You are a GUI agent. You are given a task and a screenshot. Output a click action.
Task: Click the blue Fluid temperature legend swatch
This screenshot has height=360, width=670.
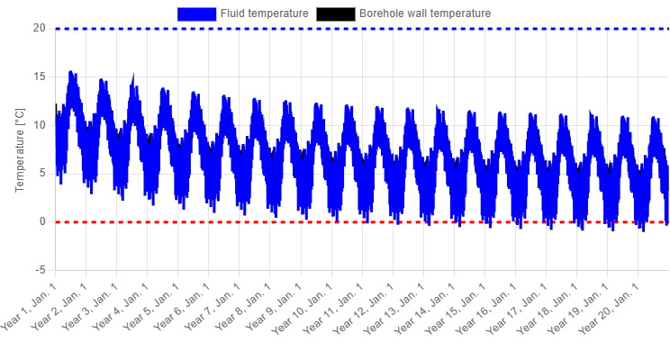197,13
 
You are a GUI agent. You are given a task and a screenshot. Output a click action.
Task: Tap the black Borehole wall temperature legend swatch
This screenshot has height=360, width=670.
335,13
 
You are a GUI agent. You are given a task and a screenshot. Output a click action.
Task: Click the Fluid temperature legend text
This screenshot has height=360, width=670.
265,13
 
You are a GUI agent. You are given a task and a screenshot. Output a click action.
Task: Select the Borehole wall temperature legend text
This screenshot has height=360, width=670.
425,13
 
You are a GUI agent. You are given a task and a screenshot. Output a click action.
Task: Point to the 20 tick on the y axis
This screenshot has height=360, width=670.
40,28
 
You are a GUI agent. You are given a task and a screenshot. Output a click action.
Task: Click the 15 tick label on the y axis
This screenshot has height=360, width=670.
40,76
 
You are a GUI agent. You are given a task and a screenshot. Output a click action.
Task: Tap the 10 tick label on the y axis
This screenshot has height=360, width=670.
40,125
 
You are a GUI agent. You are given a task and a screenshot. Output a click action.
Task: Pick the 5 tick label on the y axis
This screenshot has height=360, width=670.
42,174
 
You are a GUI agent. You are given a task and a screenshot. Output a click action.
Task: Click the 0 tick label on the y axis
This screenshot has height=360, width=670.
42,221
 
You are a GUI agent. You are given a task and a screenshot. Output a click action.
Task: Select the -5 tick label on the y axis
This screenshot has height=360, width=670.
41,270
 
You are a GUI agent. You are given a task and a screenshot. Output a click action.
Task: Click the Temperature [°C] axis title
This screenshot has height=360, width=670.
20,150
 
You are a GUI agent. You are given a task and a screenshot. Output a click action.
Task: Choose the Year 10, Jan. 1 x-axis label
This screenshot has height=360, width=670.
303,308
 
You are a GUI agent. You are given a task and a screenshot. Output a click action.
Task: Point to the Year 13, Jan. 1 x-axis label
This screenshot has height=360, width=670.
394,308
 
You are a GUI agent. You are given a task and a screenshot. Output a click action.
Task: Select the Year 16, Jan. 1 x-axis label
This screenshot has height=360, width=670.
486,308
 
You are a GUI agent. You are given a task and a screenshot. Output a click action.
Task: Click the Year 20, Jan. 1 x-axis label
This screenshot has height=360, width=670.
609,308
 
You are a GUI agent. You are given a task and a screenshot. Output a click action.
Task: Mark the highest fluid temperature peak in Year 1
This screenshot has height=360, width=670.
70,71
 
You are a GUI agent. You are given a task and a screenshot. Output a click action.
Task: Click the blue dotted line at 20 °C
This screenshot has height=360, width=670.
362,29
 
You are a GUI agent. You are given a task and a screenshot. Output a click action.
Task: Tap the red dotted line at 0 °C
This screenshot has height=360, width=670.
362,222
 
